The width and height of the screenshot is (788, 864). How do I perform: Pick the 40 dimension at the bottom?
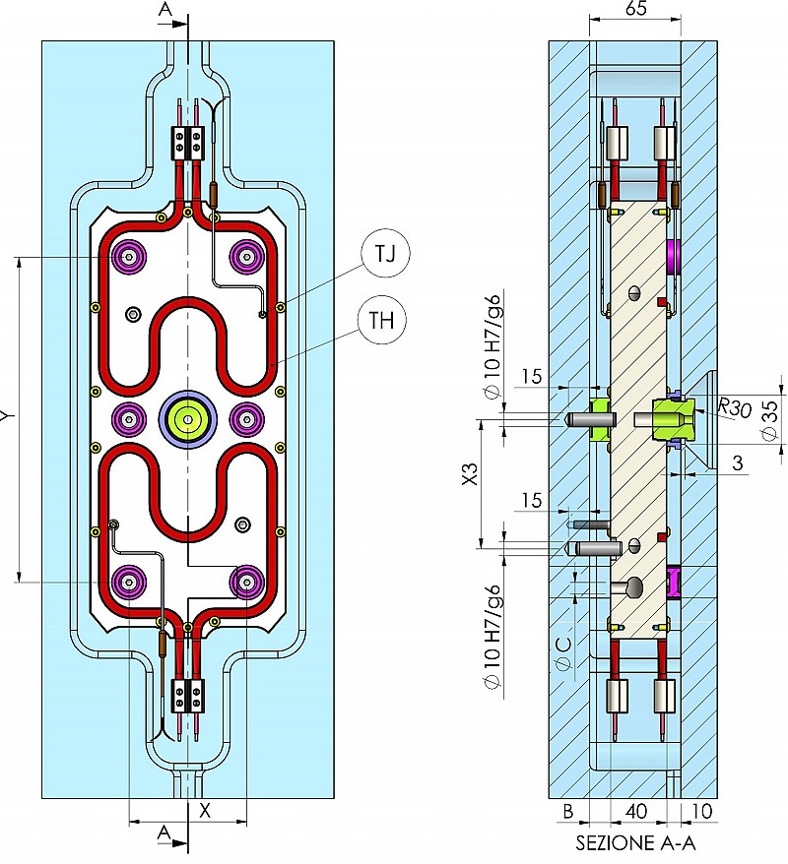[636, 813]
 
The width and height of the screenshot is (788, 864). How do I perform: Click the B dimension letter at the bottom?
[568, 813]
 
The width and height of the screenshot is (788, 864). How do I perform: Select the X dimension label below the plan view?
[205, 811]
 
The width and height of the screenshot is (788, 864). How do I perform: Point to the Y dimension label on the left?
[7, 417]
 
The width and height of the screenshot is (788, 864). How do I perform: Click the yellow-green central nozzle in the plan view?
[187, 418]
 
